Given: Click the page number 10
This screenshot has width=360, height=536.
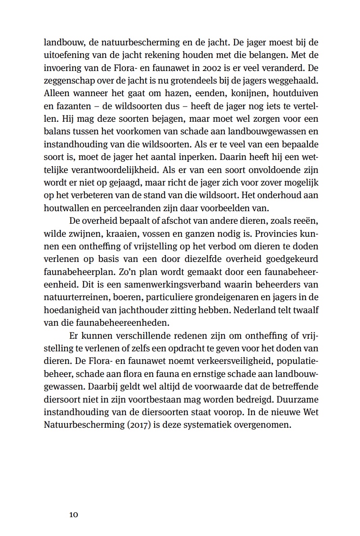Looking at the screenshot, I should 74,514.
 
